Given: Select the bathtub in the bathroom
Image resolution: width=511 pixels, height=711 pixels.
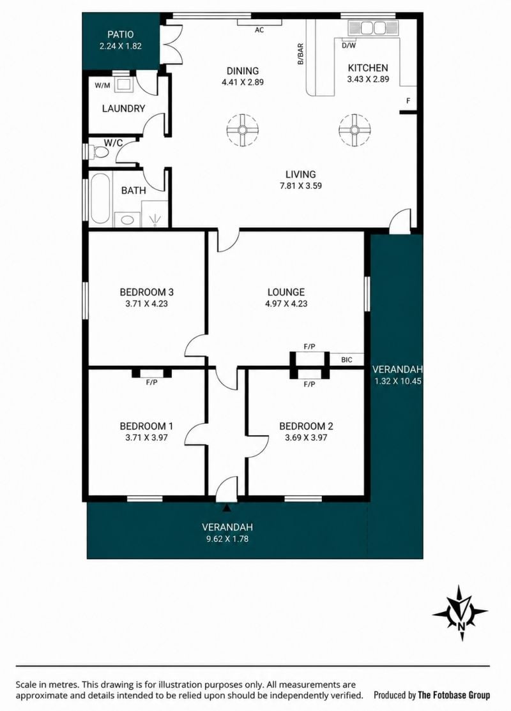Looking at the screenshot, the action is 100,198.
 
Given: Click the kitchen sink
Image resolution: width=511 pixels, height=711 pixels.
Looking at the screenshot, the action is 372,28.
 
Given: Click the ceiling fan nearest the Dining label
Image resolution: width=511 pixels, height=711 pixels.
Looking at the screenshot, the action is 242,130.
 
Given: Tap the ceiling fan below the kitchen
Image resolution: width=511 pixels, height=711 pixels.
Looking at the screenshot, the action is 355,130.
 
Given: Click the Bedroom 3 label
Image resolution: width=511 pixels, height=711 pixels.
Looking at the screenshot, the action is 146,292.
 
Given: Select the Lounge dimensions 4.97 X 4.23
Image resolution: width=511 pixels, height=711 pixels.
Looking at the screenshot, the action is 286,304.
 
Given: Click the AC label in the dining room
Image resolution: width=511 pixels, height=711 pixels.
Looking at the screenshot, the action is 259,31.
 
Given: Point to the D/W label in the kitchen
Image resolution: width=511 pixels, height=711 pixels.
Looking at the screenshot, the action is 349,45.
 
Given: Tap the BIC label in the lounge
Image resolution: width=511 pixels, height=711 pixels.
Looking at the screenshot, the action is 346,360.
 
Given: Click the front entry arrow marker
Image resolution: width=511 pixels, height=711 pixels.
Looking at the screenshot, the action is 227,508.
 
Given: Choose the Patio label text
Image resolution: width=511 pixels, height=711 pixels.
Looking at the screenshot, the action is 121,34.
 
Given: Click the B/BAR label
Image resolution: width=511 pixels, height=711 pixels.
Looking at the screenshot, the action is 300,54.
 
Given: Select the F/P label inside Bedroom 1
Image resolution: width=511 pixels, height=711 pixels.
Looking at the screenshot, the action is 151,382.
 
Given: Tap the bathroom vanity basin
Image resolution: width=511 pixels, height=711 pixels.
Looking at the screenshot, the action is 127,220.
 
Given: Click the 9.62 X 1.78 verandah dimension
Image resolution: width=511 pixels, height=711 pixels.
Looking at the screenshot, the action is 227,539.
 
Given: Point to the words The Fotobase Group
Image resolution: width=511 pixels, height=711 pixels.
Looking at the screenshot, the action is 454,694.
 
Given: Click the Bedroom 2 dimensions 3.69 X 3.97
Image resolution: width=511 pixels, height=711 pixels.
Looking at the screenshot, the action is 306,438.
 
